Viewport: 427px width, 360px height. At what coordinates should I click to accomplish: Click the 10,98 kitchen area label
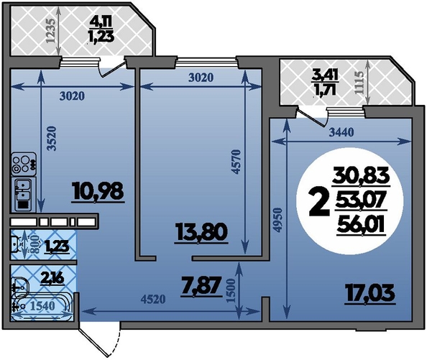98,192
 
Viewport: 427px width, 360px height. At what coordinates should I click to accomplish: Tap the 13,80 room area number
202,233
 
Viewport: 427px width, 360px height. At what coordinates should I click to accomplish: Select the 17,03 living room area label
369,293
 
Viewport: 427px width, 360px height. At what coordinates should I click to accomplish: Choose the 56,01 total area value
361,226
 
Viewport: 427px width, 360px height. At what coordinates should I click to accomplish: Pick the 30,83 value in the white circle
361,177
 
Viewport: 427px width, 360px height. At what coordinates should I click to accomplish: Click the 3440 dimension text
341,132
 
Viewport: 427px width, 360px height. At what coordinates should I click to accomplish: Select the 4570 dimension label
237,162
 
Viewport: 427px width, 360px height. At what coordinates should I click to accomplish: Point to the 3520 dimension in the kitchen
52,138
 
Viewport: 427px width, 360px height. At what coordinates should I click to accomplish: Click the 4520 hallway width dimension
153,299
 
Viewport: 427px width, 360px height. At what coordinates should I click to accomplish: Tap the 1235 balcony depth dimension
50,30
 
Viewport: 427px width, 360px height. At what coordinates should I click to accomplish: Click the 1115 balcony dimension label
360,83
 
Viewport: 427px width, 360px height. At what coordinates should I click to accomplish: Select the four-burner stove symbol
24,164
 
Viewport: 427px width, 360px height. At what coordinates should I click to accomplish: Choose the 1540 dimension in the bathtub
42,306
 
